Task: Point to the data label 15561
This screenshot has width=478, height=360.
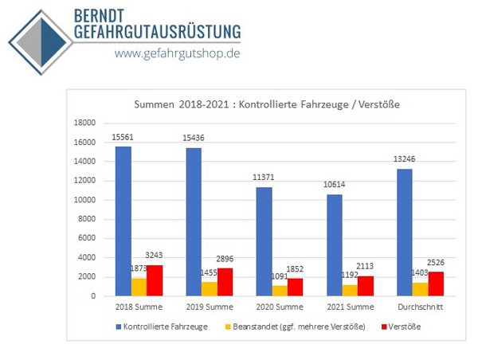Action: click(123, 137)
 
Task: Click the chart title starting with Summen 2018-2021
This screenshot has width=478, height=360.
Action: click(265, 104)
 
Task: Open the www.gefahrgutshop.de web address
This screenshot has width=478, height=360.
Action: click(177, 53)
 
